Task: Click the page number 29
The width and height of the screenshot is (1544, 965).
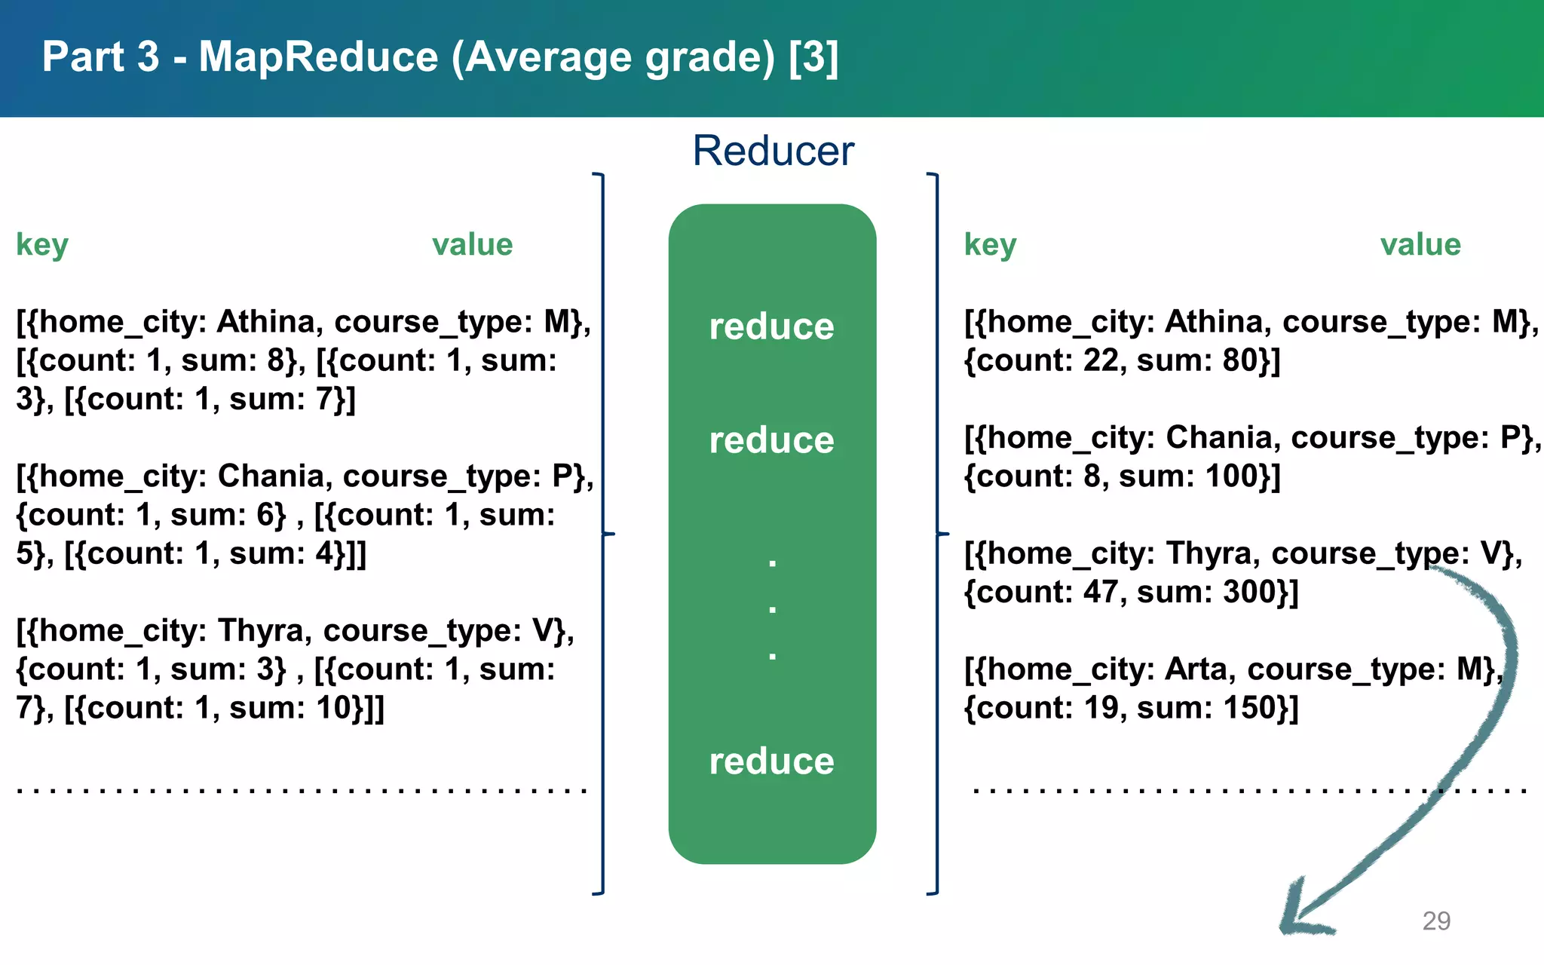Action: [1436, 921]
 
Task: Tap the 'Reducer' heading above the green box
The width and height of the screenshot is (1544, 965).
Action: [773, 151]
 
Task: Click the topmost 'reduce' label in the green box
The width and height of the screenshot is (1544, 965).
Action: [771, 326]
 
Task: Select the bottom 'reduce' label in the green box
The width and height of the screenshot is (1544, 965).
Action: [771, 761]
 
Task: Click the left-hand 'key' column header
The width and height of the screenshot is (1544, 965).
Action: [42, 245]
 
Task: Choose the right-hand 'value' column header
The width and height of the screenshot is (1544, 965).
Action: [1420, 245]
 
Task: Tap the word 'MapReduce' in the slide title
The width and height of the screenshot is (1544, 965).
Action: [318, 57]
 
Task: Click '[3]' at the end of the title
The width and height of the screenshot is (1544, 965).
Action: [813, 57]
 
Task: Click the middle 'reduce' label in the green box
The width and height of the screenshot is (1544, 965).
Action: [771, 440]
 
